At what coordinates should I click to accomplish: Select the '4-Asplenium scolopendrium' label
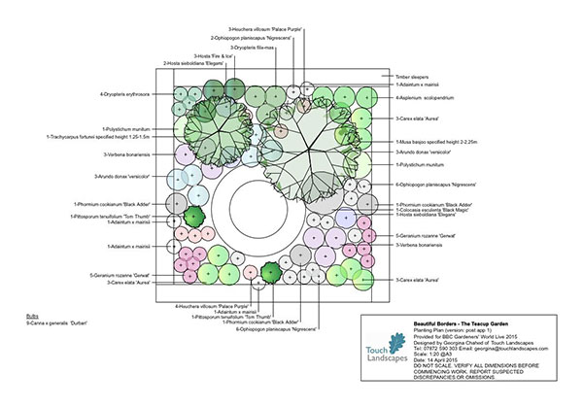coord(428,98)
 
